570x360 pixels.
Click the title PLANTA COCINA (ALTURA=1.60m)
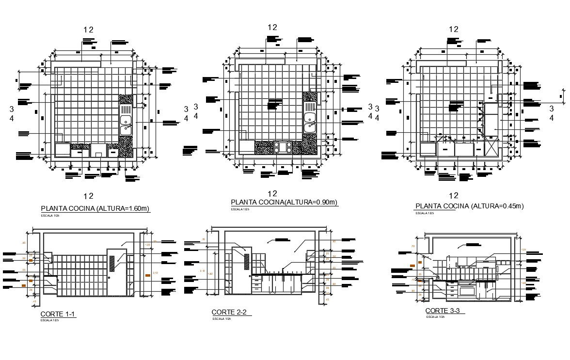(x=95, y=209)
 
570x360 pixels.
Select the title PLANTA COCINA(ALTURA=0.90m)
(x=284, y=203)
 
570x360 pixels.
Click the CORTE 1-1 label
(x=58, y=314)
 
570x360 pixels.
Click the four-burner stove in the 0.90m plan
(x=283, y=147)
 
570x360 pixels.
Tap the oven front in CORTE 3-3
(x=468, y=291)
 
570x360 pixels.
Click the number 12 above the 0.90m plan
(x=272, y=27)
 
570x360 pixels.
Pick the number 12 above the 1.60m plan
(x=88, y=30)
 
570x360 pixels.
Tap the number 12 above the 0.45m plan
(x=453, y=29)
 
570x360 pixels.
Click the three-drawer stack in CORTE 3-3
(x=451, y=290)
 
